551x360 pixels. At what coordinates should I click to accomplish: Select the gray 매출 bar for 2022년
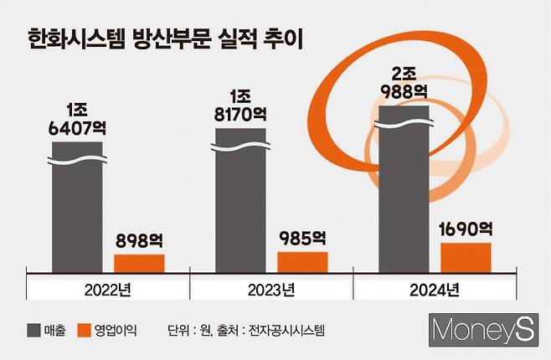[x=77, y=209]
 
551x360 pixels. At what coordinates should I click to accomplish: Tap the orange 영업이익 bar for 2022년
[x=139, y=264]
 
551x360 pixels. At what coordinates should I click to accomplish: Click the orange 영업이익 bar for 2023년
[x=302, y=262]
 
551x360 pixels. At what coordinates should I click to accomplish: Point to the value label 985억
[x=302, y=239]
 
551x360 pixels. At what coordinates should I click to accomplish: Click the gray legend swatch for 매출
[x=35, y=330]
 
